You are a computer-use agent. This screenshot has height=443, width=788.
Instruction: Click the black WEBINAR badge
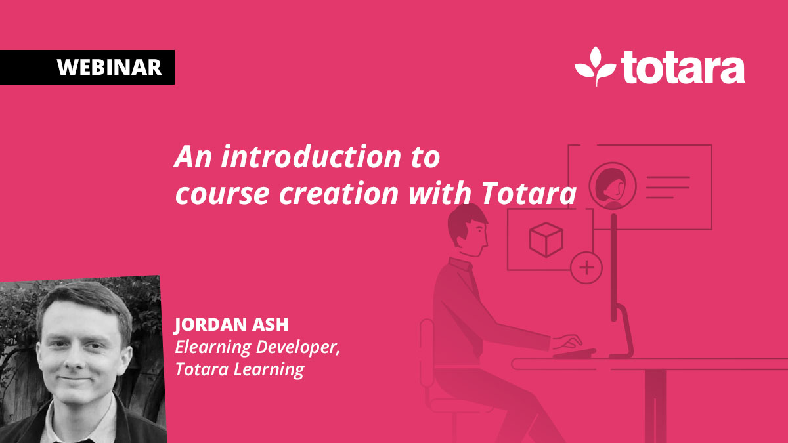[87, 67]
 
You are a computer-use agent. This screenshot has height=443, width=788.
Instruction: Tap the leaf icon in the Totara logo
[595, 66]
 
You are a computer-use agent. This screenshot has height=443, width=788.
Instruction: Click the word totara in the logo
[682, 68]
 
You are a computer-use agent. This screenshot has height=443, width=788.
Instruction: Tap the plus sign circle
[586, 268]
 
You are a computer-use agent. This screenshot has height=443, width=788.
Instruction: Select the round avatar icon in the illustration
[613, 186]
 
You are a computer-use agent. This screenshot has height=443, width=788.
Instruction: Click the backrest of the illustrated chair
[427, 354]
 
